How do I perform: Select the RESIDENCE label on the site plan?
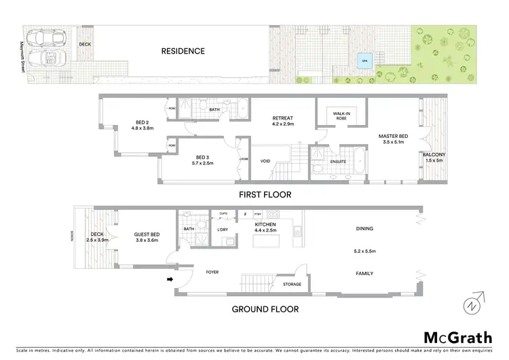point(183,51)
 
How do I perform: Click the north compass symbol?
point(472,303)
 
